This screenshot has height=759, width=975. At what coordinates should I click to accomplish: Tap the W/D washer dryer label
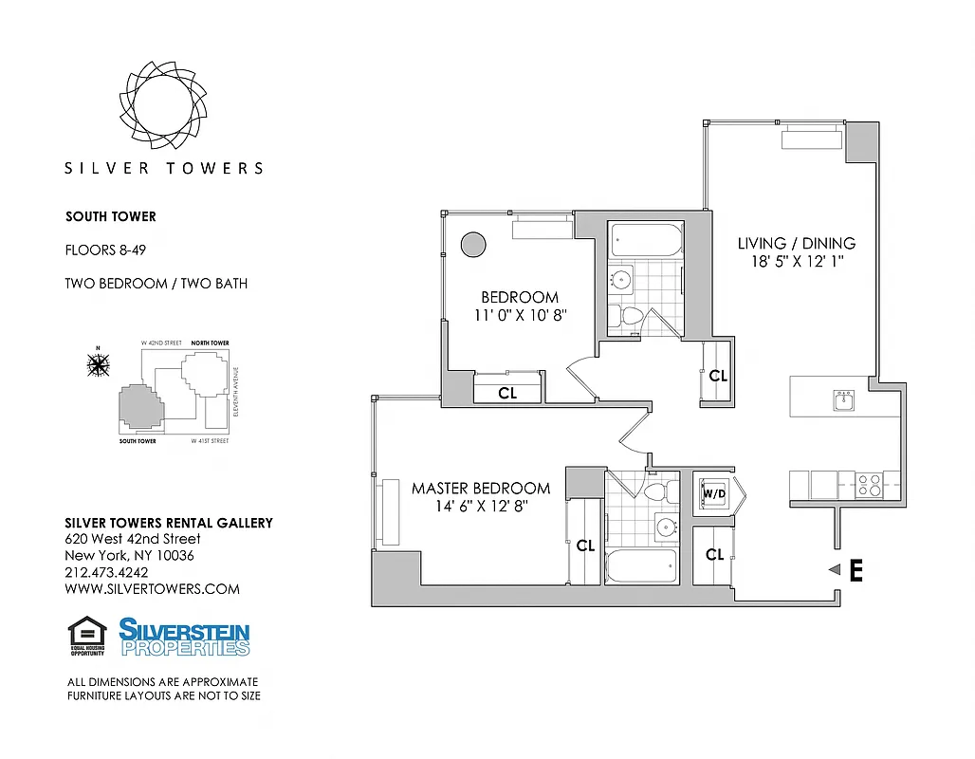click(713, 494)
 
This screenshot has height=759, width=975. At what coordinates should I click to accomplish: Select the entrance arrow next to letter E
click(835, 569)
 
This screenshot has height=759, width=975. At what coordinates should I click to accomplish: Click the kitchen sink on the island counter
click(842, 400)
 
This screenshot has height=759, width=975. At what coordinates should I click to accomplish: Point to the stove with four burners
click(868, 486)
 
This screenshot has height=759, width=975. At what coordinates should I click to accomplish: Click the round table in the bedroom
click(472, 244)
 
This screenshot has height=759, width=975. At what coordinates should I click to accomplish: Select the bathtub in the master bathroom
click(642, 566)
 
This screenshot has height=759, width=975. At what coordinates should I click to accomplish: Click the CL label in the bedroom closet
click(507, 392)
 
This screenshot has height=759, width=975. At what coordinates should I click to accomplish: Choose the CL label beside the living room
click(718, 376)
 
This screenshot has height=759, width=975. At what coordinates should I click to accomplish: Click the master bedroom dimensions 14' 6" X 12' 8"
click(480, 507)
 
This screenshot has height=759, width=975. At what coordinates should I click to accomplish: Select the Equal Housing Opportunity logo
click(86, 636)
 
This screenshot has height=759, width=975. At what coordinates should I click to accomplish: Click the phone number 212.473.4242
click(107, 572)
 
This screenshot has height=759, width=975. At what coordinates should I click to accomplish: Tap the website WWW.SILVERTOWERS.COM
click(152, 588)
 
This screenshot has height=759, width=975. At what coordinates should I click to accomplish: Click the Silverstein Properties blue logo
click(184, 637)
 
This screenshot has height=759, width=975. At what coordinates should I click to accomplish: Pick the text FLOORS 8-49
click(104, 250)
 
